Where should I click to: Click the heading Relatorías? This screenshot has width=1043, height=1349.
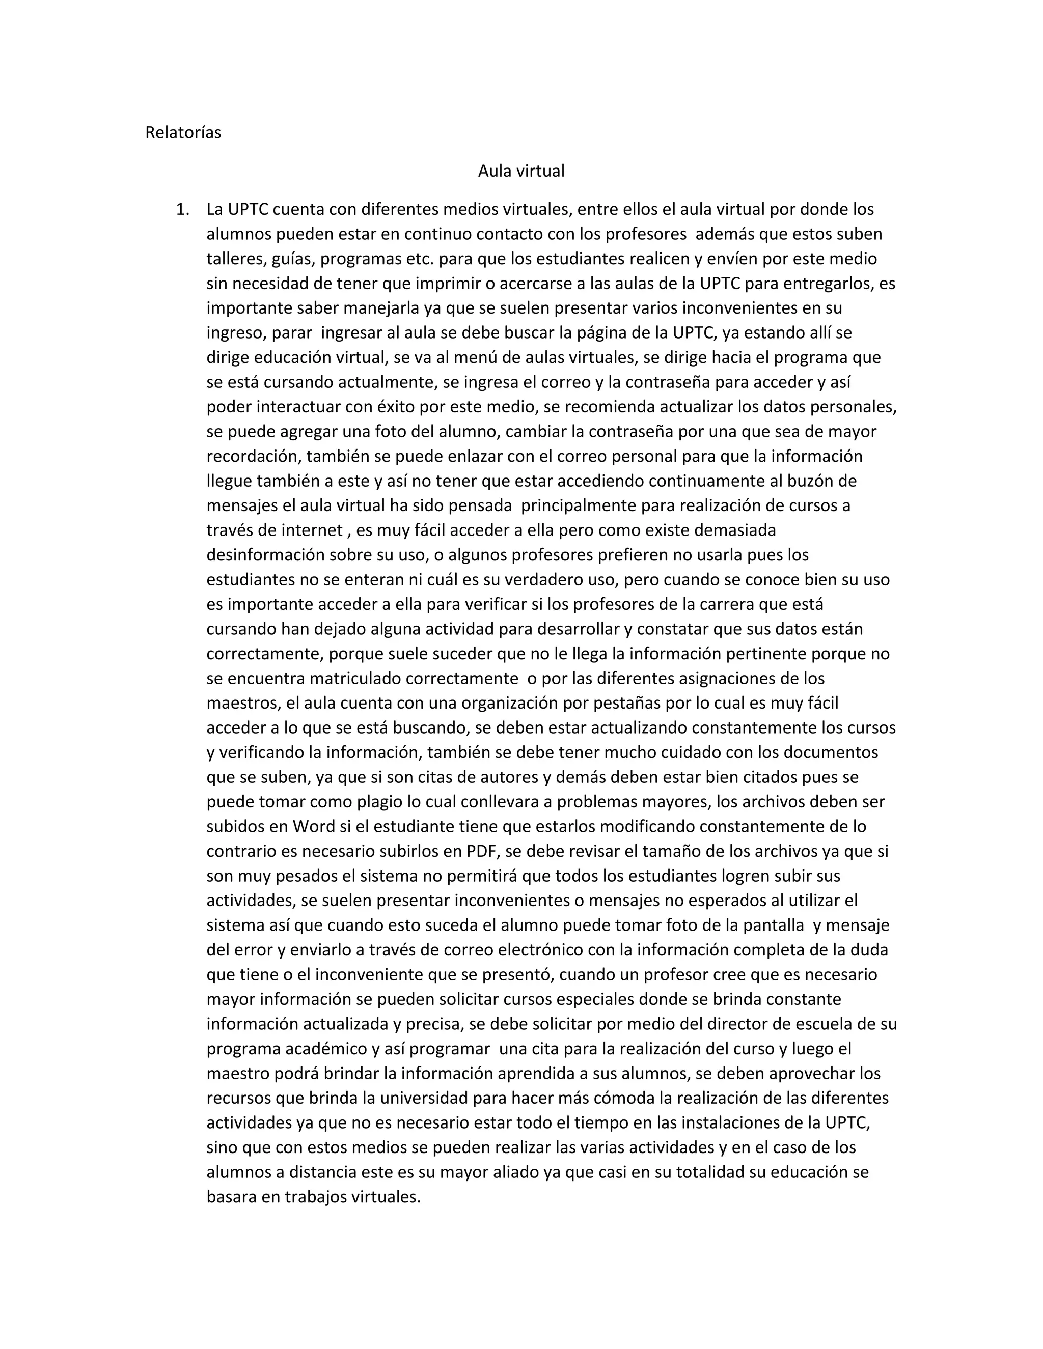[183, 133]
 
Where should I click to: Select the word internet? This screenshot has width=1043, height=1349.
[312, 530]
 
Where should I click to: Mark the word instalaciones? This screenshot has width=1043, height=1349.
[757, 1123]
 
